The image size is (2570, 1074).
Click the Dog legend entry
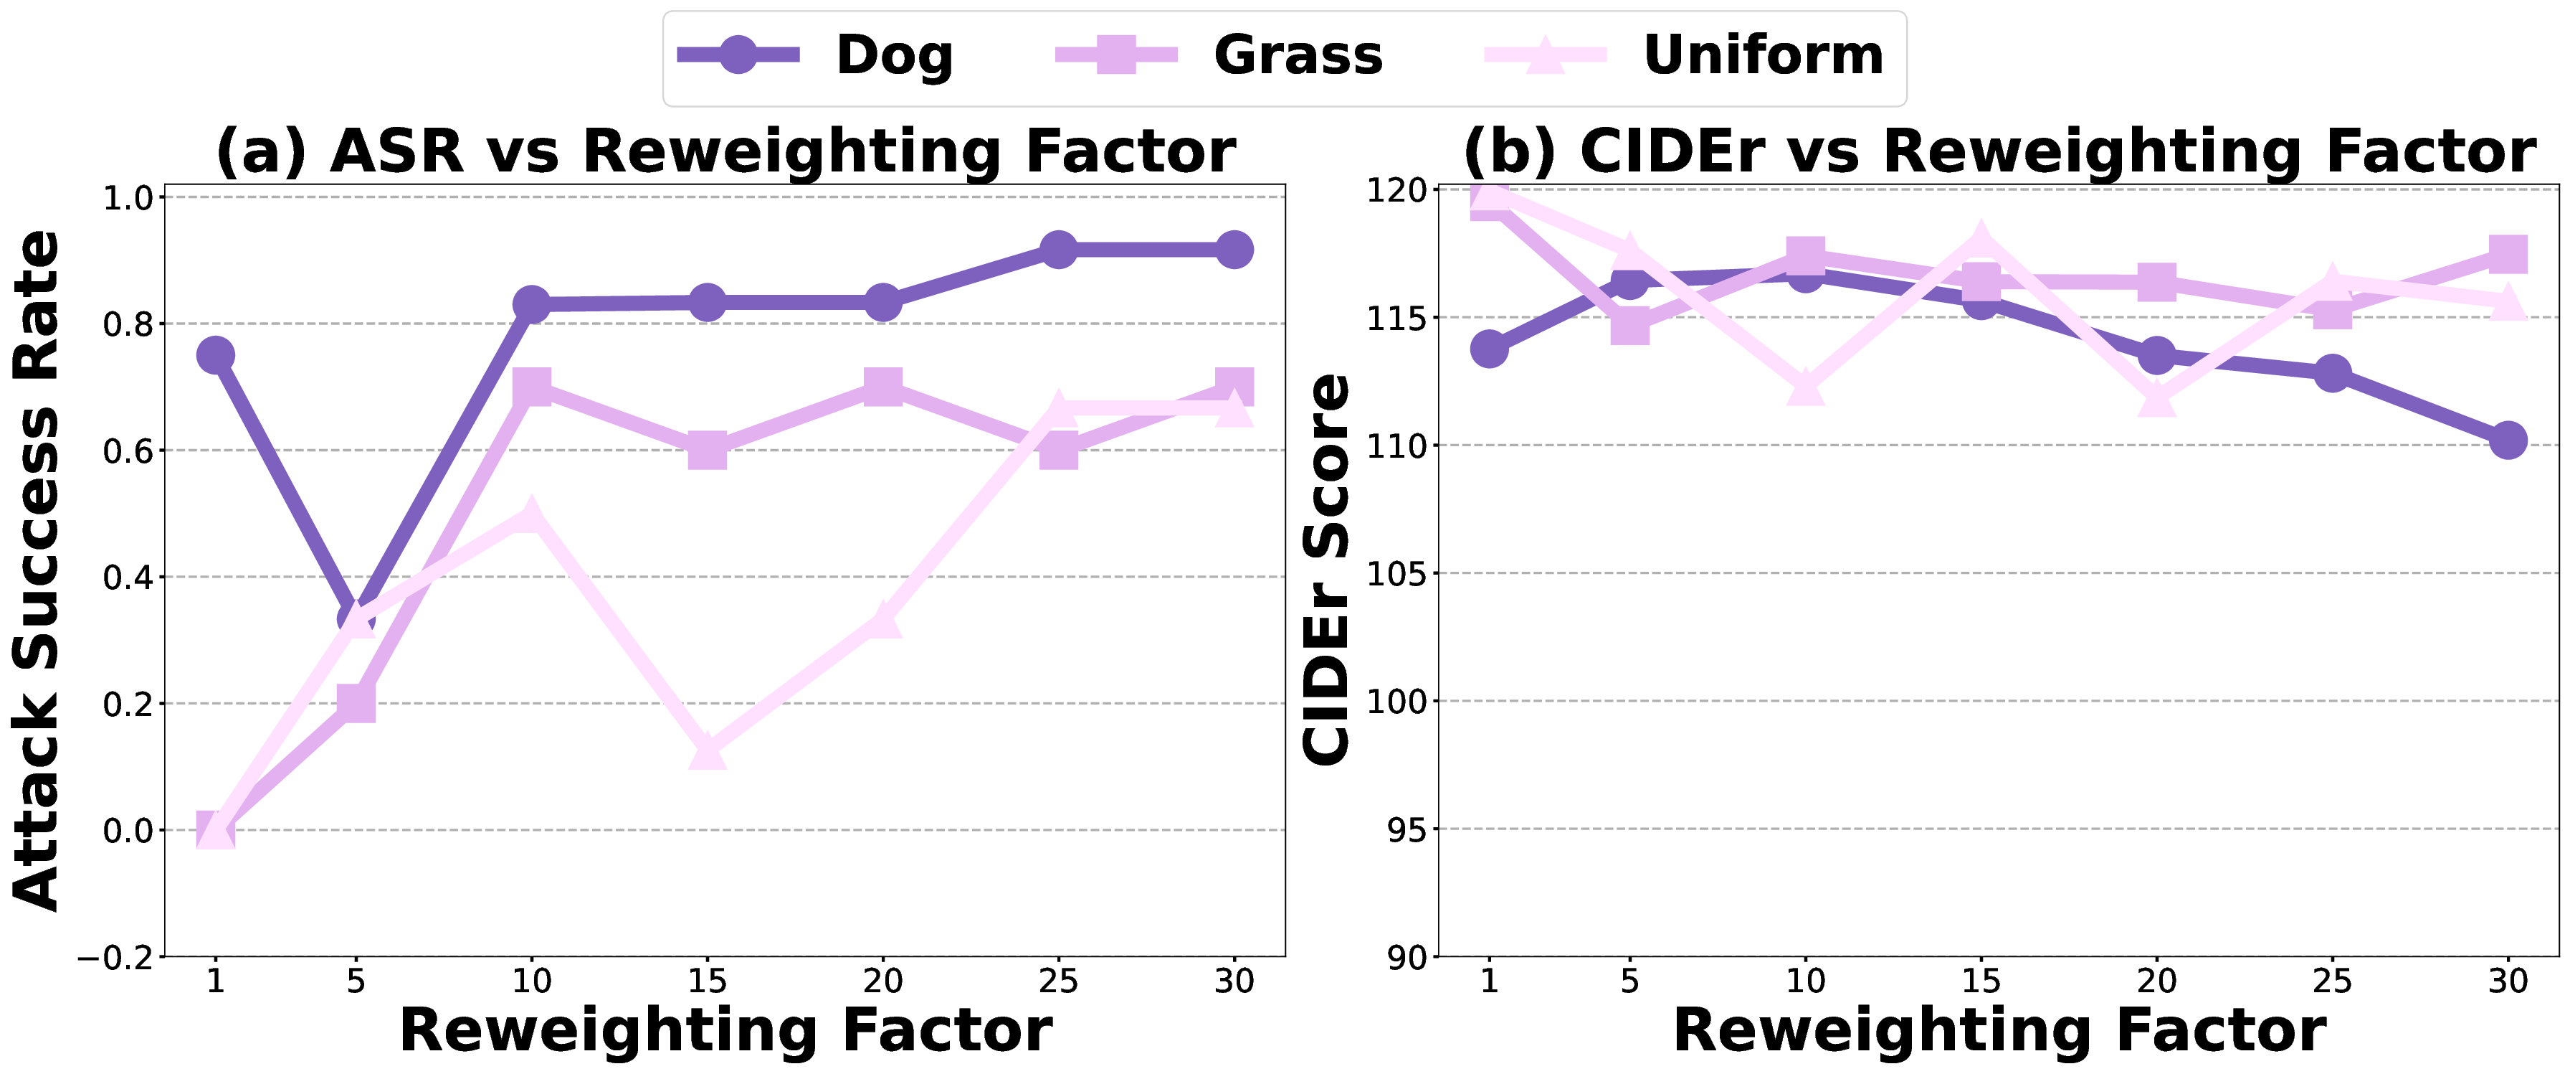point(816,56)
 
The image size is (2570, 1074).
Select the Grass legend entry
point(1219,56)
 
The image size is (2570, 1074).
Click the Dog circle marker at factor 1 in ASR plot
point(216,355)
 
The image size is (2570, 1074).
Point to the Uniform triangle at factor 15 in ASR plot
point(708,750)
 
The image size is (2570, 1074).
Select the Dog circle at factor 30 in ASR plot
point(1234,250)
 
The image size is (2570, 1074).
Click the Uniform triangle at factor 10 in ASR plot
point(532,516)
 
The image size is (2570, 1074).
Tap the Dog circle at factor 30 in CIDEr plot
point(2508,441)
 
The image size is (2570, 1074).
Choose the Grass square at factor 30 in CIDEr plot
point(2508,255)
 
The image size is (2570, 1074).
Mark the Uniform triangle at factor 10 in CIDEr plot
point(1806,386)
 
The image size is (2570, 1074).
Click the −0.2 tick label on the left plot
point(118,957)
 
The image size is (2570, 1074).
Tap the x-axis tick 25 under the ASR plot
point(1059,982)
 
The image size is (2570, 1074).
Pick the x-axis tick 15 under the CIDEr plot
point(1981,982)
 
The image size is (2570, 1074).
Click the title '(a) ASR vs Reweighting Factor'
point(725,151)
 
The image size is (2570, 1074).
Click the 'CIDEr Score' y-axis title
point(1328,569)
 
